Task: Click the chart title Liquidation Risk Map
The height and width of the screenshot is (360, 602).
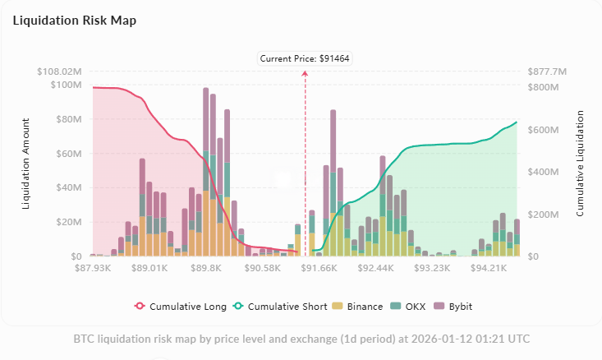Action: click(75, 21)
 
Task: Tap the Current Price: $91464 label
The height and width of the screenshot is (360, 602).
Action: click(306, 58)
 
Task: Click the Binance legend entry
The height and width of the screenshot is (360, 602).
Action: click(359, 307)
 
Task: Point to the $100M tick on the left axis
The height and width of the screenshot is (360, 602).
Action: click(66, 85)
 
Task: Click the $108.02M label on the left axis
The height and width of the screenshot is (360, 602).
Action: click(59, 72)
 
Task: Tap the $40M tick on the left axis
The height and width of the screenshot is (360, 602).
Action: click(68, 187)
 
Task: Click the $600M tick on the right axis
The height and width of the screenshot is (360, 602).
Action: click(542, 130)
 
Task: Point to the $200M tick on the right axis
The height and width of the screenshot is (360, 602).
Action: click(542, 215)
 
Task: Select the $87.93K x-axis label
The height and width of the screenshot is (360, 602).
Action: click(92, 268)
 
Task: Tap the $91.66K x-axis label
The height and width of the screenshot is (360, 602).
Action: click(319, 268)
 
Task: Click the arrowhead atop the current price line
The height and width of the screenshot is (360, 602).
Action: click(306, 73)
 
